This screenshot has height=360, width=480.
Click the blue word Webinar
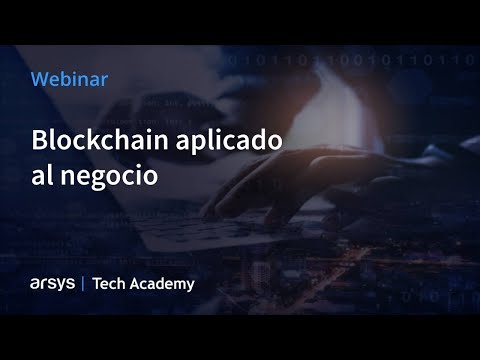[x=70, y=77]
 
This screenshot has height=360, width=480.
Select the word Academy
[x=162, y=284]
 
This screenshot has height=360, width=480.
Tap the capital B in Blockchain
[x=40, y=141]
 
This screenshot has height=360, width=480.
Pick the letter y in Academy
[x=190, y=286]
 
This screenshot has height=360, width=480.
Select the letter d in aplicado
[x=260, y=141]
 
